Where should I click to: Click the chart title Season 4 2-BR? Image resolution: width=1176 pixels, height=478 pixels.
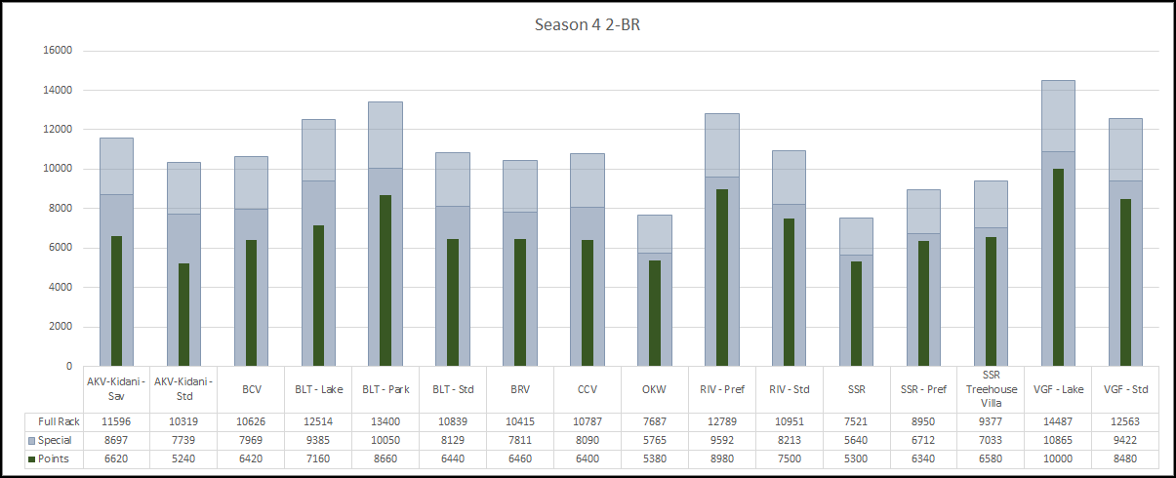tap(588, 24)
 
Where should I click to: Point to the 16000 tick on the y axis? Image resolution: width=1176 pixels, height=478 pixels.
tap(58, 51)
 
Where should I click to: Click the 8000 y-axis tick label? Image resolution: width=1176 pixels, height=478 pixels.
tap(61, 209)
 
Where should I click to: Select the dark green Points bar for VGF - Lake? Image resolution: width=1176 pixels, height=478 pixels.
tap(1058, 267)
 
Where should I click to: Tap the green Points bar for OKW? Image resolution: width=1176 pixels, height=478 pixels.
tap(654, 313)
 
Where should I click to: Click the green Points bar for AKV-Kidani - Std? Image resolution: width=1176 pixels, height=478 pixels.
tap(183, 314)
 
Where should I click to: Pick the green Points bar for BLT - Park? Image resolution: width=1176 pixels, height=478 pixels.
tap(385, 280)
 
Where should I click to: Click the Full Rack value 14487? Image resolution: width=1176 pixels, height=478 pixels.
tap(1058, 421)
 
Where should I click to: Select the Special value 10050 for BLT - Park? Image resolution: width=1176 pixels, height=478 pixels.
tap(385, 440)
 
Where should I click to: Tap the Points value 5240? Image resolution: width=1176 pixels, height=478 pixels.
tap(183, 459)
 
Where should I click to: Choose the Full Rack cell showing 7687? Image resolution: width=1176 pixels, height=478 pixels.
tap(654, 421)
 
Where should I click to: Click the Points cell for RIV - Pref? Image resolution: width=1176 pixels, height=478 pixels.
tap(722, 459)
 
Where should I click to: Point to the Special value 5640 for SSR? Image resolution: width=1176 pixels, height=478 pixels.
tap(856, 440)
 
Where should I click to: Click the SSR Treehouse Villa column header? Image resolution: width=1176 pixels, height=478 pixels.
tap(992, 389)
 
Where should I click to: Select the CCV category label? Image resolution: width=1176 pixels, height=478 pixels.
tap(587, 389)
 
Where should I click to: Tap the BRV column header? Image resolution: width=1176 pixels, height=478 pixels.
tap(520, 389)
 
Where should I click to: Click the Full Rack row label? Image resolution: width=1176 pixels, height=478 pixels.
tap(59, 421)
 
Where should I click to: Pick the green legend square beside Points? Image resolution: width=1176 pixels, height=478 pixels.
tap(31, 459)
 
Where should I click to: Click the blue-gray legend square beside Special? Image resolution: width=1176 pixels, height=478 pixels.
tap(31, 441)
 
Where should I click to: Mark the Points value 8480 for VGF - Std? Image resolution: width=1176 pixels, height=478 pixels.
tap(1125, 459)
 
